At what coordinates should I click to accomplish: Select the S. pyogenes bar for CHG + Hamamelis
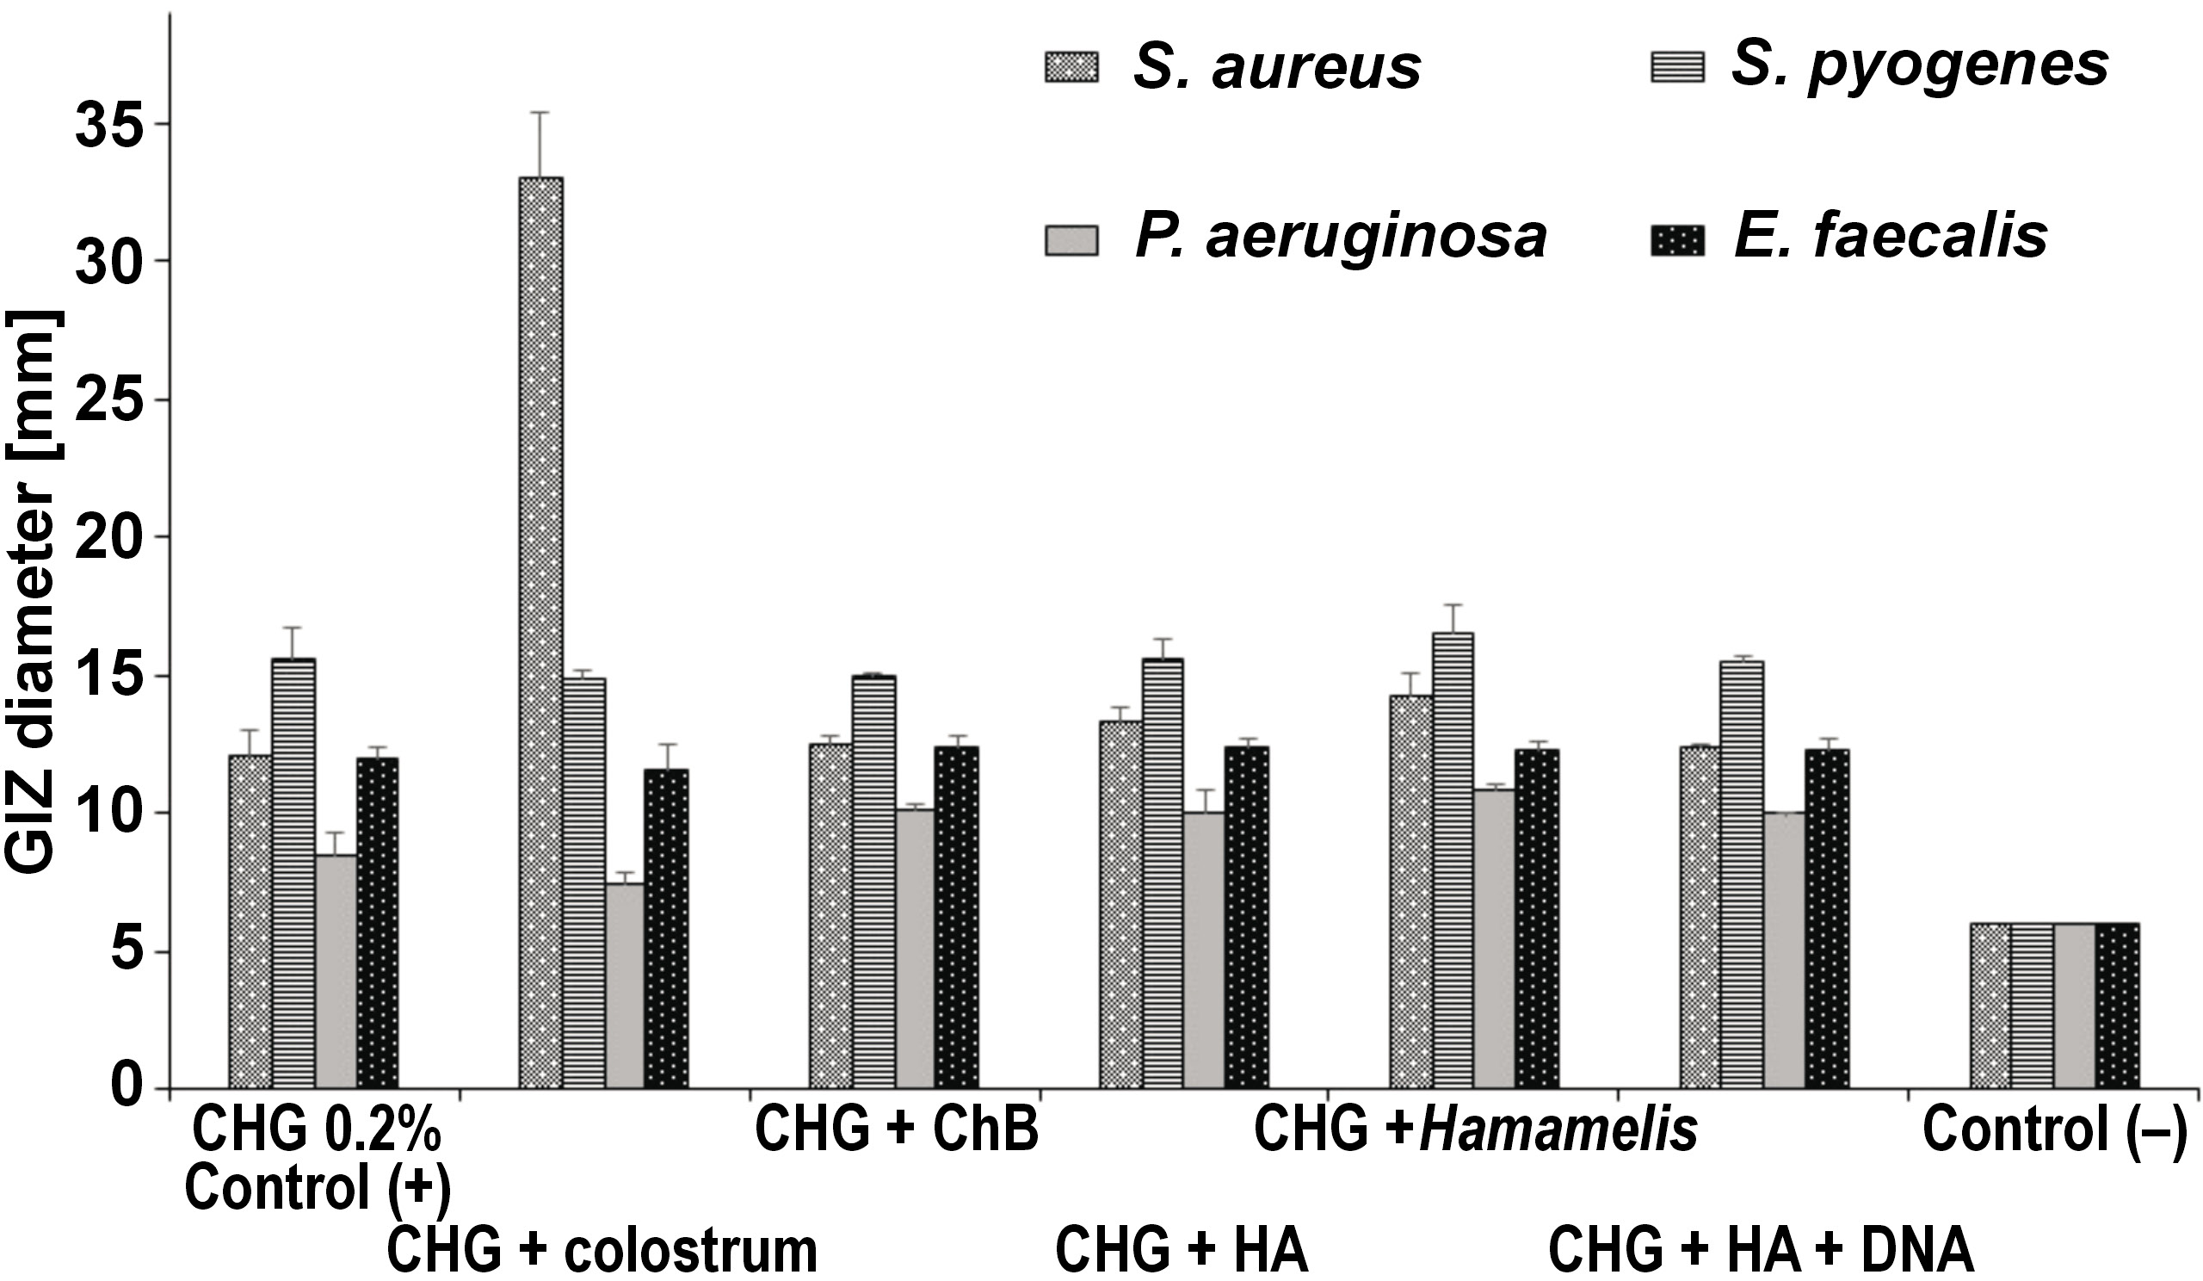pos(1452,860)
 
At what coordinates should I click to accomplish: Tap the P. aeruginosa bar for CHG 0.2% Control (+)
pos(336,971)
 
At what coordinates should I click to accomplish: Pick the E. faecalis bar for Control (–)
pos(2117,1006)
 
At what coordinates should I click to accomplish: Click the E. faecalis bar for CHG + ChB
pos(956,917)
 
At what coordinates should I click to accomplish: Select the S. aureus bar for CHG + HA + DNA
pos(1700,917)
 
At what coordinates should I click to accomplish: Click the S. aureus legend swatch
pos(1071,66)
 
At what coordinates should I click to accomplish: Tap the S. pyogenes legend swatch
pos(1676,66)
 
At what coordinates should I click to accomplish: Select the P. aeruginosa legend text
pos(1340,236)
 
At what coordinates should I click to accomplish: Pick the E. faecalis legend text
pos(1890,236)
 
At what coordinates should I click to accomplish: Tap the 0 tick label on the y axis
pos(127,1089)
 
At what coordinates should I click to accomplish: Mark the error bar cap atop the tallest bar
pos(541,112)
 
